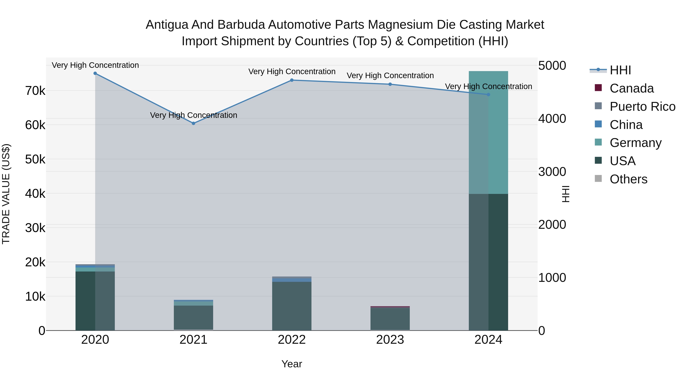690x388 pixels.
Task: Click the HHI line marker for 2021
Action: (193, 123)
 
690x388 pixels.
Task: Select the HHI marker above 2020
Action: (95, 73)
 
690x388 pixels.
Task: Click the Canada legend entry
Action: (631, 88)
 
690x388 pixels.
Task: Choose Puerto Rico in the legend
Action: (642, 107)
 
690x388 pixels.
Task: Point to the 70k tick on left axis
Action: (35, 91)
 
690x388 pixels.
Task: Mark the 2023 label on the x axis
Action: (390, 340)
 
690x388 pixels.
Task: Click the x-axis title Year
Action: (292, 364)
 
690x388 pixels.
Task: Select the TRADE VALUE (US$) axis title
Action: (6, 194)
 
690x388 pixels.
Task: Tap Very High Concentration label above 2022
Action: (292, 71)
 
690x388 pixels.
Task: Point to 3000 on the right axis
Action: (552, 172)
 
